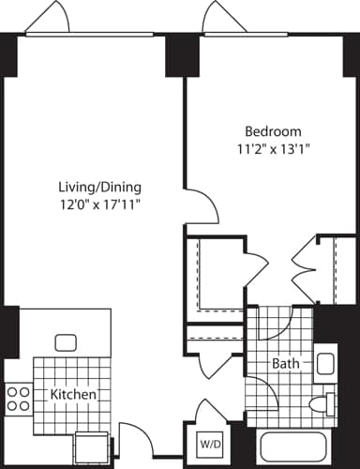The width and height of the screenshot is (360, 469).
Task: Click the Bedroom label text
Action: [x=272, y=130]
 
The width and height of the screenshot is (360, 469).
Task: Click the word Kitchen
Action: [x=74, y=396]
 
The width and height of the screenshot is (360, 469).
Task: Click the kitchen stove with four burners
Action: [x=17, y=399]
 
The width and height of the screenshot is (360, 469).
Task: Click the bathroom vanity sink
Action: [x=325, y=362]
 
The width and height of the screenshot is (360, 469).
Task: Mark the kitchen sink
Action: [x=66, y=342]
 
